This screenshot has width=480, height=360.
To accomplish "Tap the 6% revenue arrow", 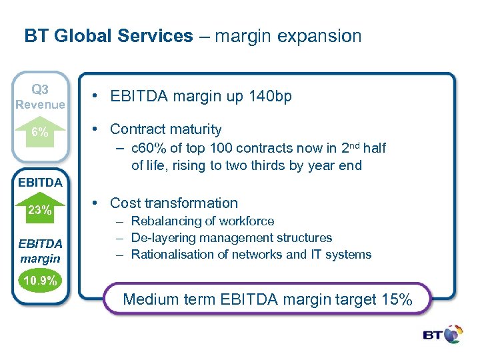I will pyautogui.click(x=40, y=131).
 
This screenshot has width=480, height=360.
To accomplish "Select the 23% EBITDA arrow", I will pyautogui.click(x=40, y=209).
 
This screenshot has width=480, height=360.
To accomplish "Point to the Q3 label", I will pyautogui.click(x=40, y=89).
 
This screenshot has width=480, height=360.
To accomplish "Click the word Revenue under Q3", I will pyautogui.click(x=40, y=105).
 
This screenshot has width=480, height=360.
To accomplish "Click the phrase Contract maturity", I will pyautogui.click(x=165, y=129).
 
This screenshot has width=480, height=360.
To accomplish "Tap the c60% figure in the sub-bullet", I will pyautogui.click(x=147, y=148).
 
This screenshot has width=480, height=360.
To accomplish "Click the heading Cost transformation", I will pyautogui.click(x=173, y=203).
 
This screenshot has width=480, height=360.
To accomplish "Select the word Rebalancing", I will pyautogui.click(x=163, y=221).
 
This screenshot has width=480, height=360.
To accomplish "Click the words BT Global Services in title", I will pyautogui.click(x=108, y=36).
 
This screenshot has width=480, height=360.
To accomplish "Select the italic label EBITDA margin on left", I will pyautogui.click(x=40, y=251).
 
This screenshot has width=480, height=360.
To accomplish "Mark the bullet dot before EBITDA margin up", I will pyautogui.click(x=97, y=97).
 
